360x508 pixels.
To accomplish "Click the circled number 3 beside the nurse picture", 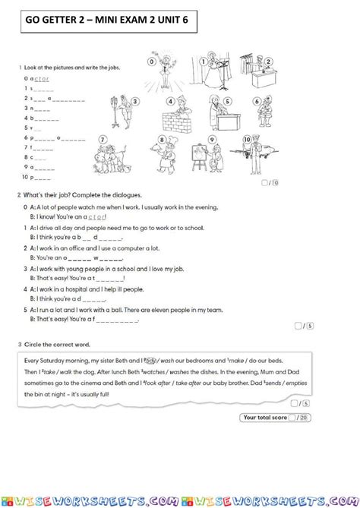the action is pos(134,101).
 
